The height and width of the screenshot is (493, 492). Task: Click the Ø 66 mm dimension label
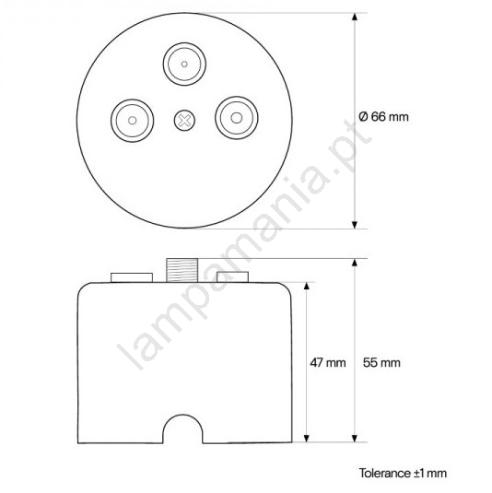pyautogui.click(x=383, y=117)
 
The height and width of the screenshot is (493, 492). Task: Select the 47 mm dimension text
pyautogui.click(x=328, y=362)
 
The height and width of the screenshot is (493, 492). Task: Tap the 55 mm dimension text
pyautogui.click(x=381, y=362)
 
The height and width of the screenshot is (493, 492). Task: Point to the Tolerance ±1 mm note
pyautogui.click(x=403, y=474)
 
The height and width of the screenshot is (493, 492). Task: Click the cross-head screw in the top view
pyautogui.click(x=184, y=120)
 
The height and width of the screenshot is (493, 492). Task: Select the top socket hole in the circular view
pyautogui.click(x=184, y=65)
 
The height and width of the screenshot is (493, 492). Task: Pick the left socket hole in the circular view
pyautogui.click(x=133, y=121)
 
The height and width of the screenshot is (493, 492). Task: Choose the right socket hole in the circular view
pyautogui.click(x=237, y=118)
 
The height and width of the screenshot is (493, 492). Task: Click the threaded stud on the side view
pyautogui.click(x=182, y=270)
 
